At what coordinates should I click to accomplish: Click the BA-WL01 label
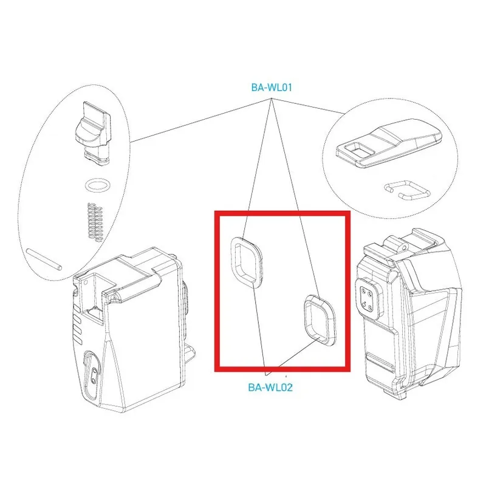(x=272, y=87)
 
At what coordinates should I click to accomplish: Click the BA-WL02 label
(x=270, y=388)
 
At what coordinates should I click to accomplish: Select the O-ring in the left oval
(x=97, y=185)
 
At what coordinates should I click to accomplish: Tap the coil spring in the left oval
(x=95, y=222)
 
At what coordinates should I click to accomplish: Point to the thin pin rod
(x=44, y=259)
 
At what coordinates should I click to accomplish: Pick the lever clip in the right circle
(x=389, y=143)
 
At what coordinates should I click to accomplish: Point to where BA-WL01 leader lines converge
(x=272, y=98)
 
